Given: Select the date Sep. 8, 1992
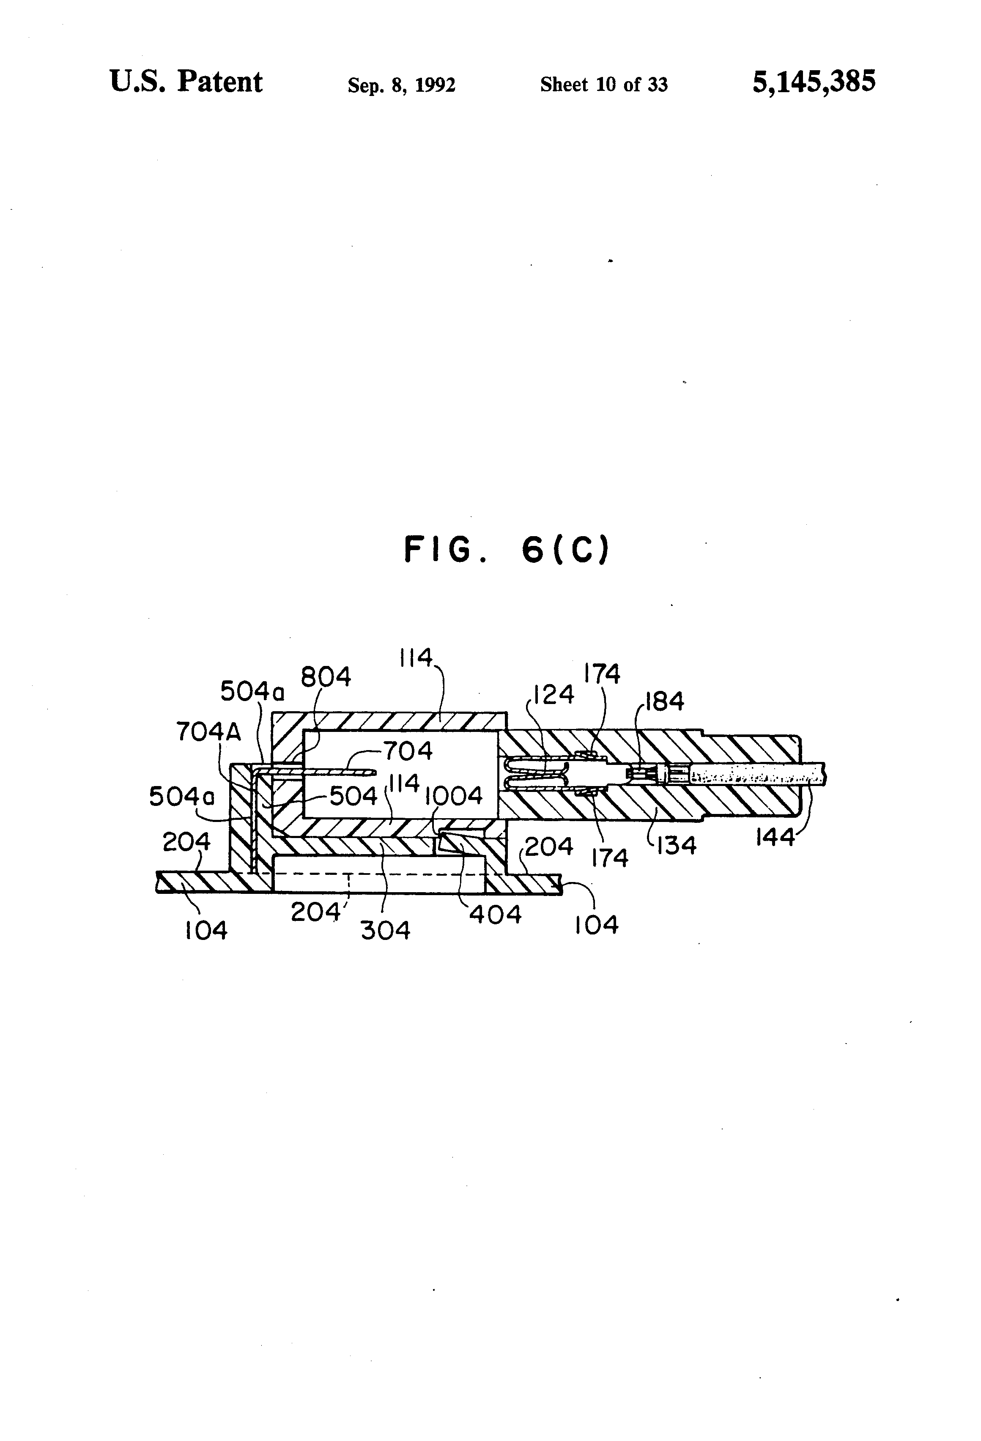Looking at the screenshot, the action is (401, 85).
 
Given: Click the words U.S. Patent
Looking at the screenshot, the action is (186, 82).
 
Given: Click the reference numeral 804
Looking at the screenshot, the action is (326, 677).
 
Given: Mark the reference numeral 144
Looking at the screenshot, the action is (775, 837).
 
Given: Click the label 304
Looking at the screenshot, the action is (385, 931).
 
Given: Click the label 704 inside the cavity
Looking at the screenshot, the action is (408, 751).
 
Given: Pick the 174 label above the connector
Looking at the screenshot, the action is (602, 674).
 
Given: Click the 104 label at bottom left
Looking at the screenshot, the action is (206, 930).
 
